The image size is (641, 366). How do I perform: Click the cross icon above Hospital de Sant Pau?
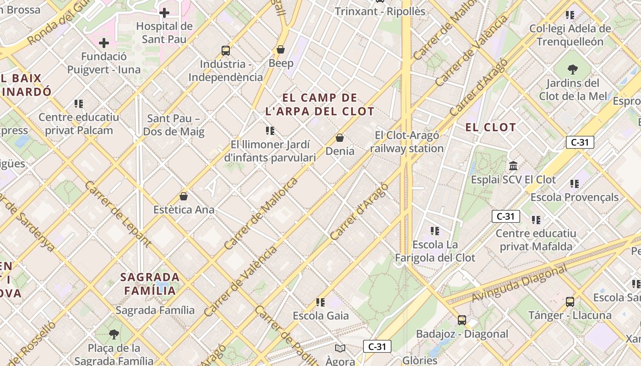[164, 13]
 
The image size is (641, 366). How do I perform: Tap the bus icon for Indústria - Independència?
[225, 50]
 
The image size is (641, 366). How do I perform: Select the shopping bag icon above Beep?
[281, 49]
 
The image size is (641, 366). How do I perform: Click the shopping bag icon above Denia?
[340, 137]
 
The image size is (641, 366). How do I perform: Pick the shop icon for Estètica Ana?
[184, 196]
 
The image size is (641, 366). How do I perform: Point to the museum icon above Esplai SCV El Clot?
[513, 166]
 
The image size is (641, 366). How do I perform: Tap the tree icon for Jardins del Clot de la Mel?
[572, 70]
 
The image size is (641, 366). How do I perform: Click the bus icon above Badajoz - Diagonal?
[462, 320]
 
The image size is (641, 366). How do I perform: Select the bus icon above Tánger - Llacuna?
[570, 301]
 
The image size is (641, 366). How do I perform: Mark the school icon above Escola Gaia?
[320, 302]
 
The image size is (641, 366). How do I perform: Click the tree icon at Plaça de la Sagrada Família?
[114, 334]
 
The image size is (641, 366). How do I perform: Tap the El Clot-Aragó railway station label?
[407, 142]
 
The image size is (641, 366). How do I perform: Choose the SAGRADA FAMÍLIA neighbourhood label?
[150, 284]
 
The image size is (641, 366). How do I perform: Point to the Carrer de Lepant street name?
[118, 215]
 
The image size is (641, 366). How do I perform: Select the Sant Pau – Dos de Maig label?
[174, 125]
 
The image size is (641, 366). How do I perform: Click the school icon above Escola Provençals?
[575, 183]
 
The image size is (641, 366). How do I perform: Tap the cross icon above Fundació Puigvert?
[104, 43]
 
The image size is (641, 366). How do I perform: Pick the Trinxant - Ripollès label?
[380, 11]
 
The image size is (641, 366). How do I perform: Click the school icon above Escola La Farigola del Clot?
[435, 231]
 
